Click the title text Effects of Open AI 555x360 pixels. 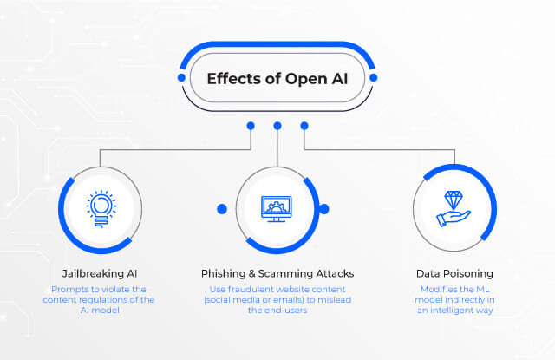277,79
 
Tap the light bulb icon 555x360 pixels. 101,209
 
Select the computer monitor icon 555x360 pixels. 277,209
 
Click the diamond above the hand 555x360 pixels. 454,200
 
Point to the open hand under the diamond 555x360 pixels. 454,219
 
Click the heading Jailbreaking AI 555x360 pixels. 100,273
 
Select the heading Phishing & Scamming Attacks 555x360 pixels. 277,273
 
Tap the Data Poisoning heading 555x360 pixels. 454,273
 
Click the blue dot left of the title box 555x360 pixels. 181,77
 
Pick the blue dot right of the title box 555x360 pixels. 373,77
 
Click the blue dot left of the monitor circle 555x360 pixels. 222,209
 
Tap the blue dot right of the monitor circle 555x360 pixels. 323,209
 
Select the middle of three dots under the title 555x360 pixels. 277,126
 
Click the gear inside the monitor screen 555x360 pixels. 276,206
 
